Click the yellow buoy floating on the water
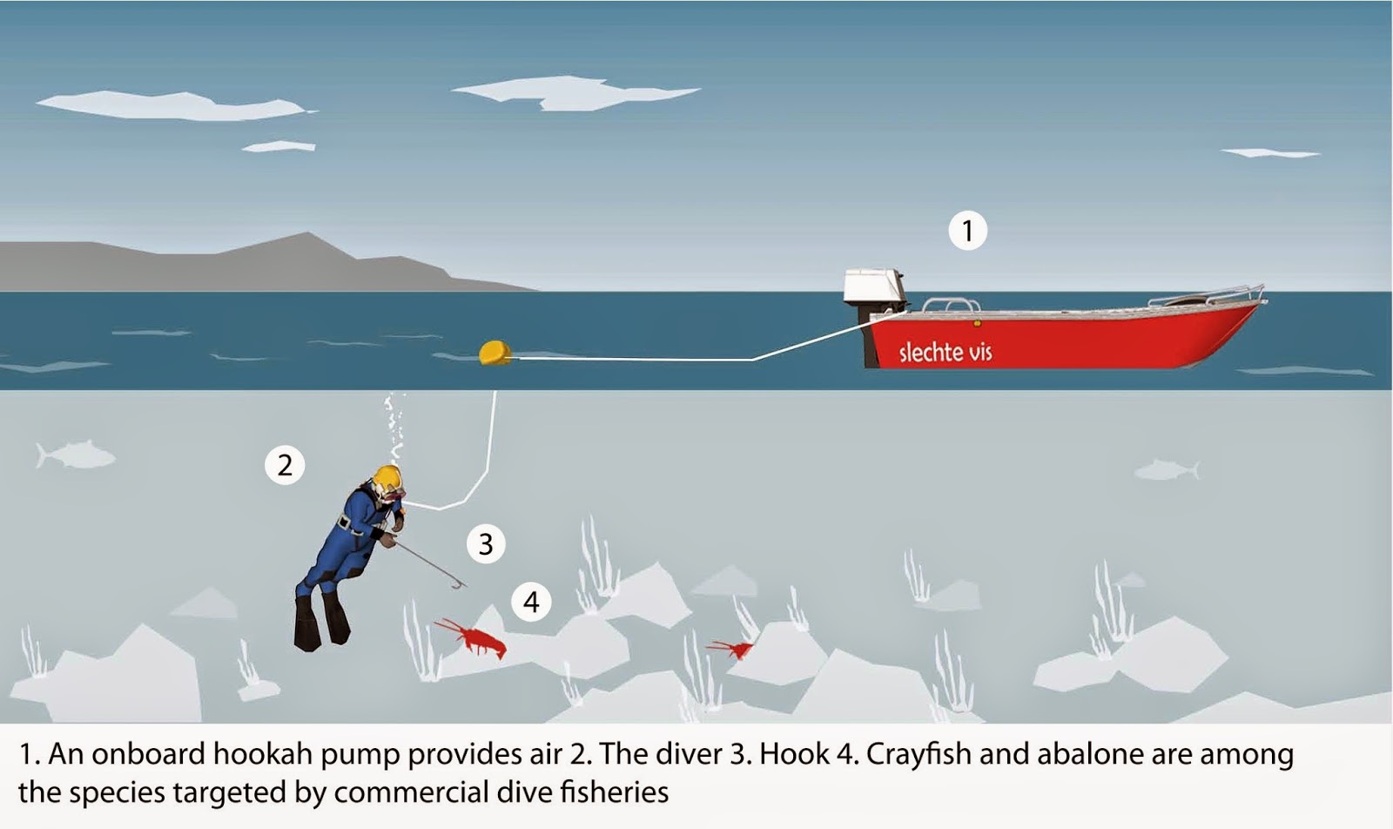pyautogui.click(x=495, y=352)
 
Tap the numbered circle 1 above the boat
pyautogui.click(x=967, y=231)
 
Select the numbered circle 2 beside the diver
pyautogui.click(x=285, y=465)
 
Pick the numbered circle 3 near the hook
pyautogui.click(x=486, y=544)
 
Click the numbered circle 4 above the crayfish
pyautogui.click(x=531, y=602)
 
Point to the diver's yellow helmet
pyautogui.click(x=387, y=478)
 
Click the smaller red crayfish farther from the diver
pyautogui.click(x=733, y=649)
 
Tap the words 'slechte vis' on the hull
pyautogui.click(x=945, y=352)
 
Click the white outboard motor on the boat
pyautogui.click(x=875, y=286)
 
